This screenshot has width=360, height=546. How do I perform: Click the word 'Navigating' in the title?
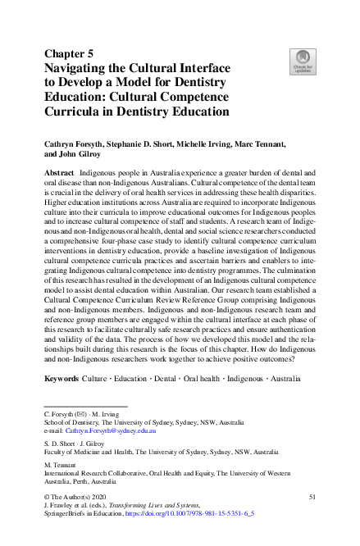(x=82, y=69)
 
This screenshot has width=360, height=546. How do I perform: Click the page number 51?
(x=312, y=497)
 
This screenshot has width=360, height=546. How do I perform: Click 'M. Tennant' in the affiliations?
(x=62, y=464)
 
